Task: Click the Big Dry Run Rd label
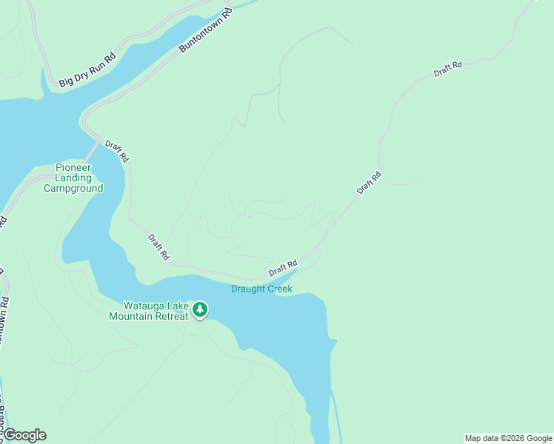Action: (87, 67)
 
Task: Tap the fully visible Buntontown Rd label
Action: (204, 32)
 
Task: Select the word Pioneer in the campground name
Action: (73, 167)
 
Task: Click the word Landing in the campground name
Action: (73, 178)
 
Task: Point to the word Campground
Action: (73, 188)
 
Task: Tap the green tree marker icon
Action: (200, 309)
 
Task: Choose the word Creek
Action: (280, 289)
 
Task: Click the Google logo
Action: (24, 435)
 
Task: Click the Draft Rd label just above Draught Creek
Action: (283, 268)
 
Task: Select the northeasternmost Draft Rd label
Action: (447, 70)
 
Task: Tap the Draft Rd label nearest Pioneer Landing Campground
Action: (117, 152)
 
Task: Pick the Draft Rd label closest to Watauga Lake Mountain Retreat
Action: (158, 247)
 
